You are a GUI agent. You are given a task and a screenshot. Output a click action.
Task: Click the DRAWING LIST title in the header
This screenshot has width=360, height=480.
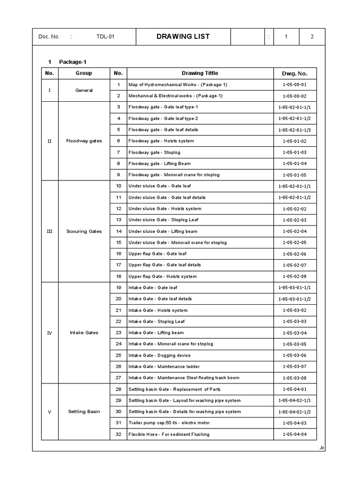(183, 37)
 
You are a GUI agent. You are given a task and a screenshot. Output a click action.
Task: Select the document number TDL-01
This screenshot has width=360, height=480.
(105, 37)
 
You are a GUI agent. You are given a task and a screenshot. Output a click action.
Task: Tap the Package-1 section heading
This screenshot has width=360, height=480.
(73, 62)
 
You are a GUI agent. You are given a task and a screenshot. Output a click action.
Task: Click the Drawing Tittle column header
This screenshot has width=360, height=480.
(200, 73)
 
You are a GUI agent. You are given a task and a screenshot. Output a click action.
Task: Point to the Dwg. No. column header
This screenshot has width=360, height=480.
(294, 74)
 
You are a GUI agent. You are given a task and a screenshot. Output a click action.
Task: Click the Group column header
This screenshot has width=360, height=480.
(84, 73)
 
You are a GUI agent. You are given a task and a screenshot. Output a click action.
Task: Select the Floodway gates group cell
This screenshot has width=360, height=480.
(84, 141)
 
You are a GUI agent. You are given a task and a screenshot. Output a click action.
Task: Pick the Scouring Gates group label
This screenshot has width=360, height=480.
(84, 232)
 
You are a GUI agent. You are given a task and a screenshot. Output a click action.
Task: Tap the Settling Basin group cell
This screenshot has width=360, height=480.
(84, 412)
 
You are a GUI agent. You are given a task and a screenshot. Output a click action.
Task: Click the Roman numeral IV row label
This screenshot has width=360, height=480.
(50, 333)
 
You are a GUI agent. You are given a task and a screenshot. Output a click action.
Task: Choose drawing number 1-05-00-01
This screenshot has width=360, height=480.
(294, 85)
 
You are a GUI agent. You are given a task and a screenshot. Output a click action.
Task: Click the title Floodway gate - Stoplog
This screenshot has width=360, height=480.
(154, 152)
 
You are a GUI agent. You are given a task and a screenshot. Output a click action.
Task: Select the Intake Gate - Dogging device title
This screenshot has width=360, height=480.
(159, 355)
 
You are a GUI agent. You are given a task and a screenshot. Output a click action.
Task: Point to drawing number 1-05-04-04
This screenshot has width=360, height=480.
(294, 435)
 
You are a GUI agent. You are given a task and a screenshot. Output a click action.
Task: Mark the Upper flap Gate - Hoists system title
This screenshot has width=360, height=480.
(162, 277)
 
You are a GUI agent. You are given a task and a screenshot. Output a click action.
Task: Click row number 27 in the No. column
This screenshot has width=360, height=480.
(118, 378)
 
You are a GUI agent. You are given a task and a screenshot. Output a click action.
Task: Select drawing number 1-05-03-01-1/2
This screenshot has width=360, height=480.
(294, 299)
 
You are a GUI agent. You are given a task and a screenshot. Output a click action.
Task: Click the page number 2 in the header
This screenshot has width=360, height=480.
(312, 37)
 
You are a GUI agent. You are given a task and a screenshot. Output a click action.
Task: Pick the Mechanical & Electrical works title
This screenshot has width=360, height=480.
(176, 96)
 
